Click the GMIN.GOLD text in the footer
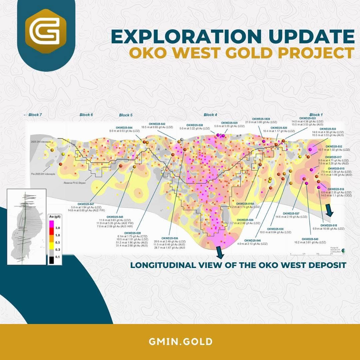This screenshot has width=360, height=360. tap(180, 342)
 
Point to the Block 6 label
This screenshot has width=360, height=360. tap(86, 115)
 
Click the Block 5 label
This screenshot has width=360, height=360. tap(126, 115)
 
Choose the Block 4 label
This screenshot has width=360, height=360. tap(210, 115)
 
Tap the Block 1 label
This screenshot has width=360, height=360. tap(316, 115)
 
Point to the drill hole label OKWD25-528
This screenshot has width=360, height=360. tap(132, 233)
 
